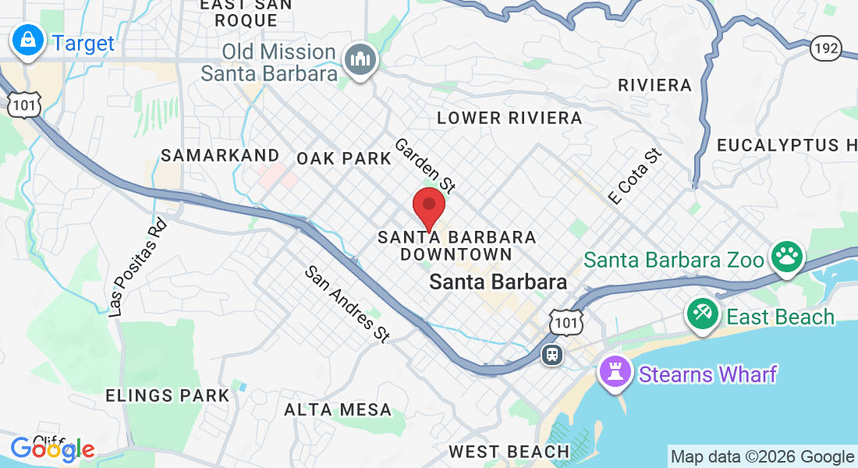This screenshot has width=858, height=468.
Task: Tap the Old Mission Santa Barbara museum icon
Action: (x=360, y=59)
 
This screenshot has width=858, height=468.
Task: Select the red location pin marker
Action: (x=428, y=207)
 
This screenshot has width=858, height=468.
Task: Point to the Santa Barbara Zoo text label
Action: (x=673, y=260)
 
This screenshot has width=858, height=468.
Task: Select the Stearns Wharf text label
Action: (x=707, y=374)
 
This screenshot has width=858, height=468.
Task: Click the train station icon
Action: (x=552, y=354)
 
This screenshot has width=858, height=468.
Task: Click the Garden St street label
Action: (x=424, y=165)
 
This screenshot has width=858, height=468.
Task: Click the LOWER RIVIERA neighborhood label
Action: (x=509, y=119)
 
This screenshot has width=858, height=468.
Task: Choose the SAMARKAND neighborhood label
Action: (x=219, y=155)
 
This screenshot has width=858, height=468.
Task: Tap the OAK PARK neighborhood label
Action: (x=344, y=158)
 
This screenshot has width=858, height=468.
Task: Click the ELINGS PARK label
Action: (x=168, y=395)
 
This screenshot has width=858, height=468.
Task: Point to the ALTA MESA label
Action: (x=337, y=409)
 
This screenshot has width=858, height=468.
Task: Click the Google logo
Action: (x=52, y=448)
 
